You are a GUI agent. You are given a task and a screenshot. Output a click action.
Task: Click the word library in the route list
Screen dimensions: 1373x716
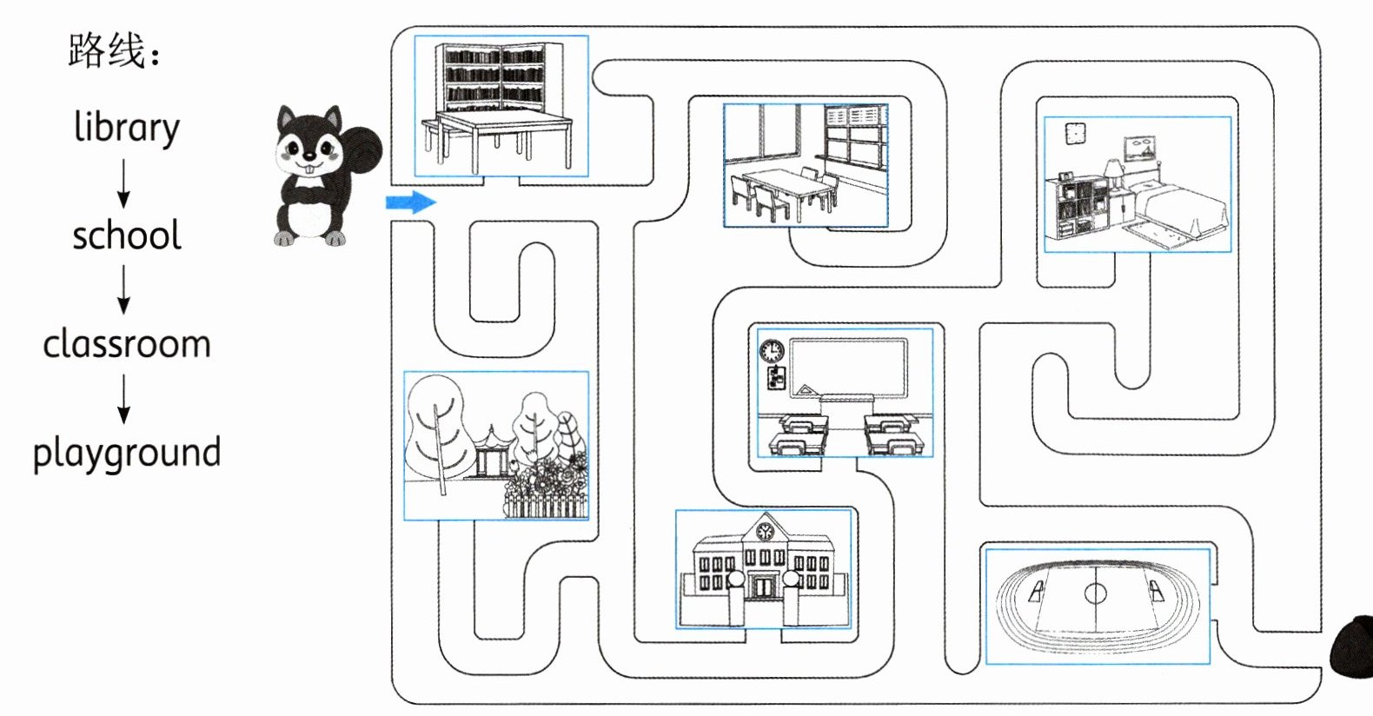(x=127, y=128)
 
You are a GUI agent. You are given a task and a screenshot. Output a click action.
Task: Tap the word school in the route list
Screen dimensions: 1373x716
(x=127, y=235)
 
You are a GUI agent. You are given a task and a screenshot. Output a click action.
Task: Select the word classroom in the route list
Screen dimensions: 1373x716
(x=127, y=344)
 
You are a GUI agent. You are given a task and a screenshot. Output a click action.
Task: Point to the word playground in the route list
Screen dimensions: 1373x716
(x=127, y=453)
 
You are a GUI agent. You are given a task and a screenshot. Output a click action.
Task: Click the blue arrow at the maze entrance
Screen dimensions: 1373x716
(x=410, y=202)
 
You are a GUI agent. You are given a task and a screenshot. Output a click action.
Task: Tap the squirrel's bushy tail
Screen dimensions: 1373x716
(x=361, y=149)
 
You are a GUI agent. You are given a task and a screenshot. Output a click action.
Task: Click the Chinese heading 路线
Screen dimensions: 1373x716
(x=106, y=50)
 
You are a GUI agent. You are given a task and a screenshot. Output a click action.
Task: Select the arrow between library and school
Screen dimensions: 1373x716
(x=123, y=182)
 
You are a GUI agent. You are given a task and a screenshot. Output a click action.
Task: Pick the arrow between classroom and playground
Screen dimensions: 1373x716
(x=123, y=399)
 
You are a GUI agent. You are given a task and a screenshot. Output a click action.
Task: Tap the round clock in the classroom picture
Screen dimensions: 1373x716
(x=771, y=351)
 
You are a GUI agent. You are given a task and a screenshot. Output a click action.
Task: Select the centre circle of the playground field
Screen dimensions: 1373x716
(x=1096, y=593)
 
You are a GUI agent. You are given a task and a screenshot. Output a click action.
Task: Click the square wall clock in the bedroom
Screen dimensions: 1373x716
(x=1075, y=133)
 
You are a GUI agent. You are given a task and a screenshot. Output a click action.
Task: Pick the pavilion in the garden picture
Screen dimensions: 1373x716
(x=490, y=452)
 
